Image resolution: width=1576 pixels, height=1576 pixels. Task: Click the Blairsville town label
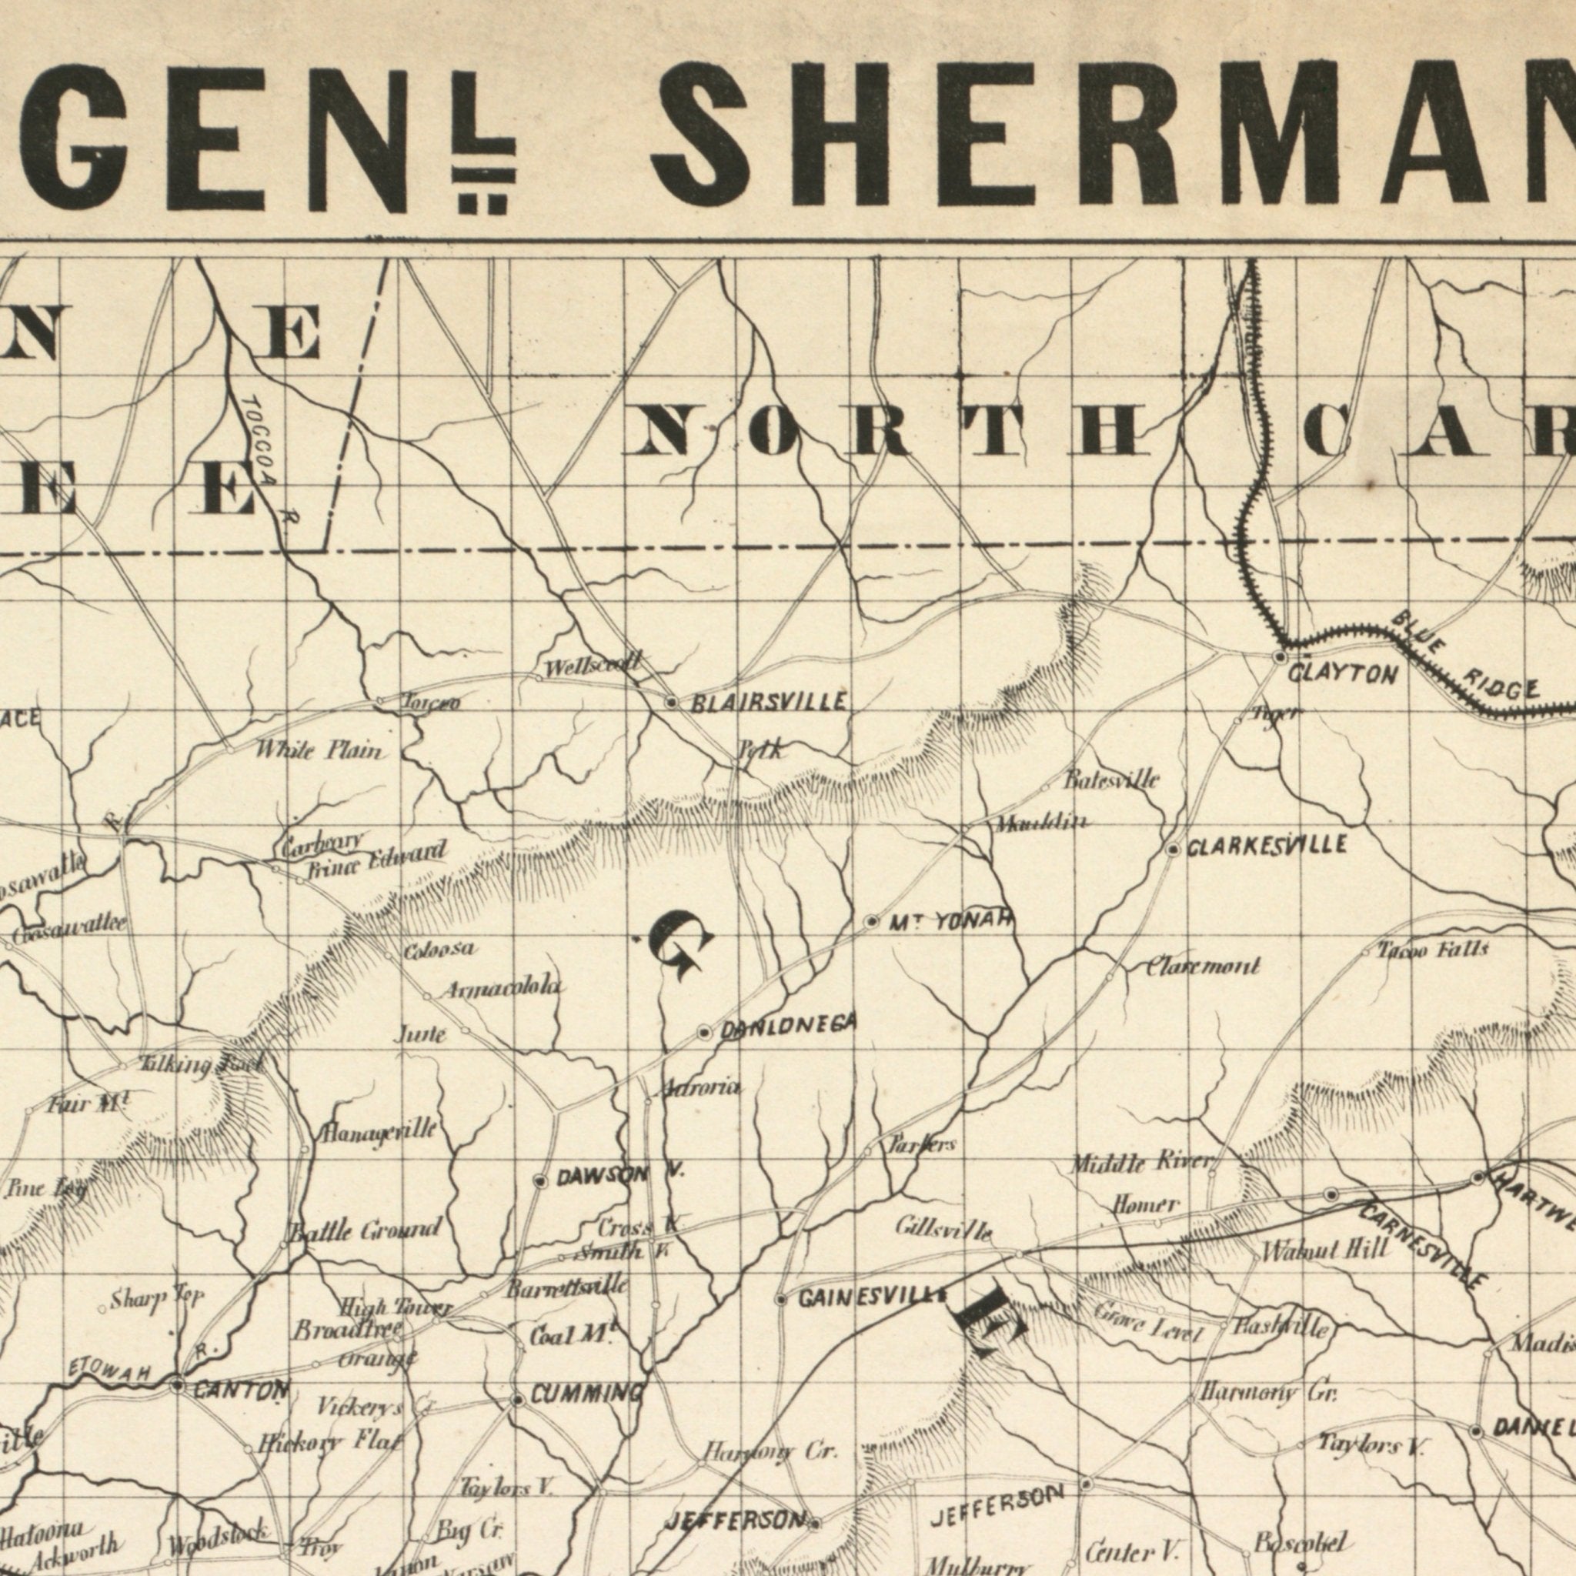coord(769,703)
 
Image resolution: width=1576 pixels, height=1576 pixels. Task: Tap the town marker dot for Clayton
coord(1280,656)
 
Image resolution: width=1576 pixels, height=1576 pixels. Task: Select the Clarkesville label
coord(1267,846)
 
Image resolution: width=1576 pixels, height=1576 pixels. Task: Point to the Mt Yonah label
coord(951,922)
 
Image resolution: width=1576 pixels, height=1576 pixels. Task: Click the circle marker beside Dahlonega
coord(705,1033)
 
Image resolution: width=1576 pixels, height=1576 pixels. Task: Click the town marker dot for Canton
coord(178,1385)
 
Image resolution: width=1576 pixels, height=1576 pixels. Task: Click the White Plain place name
coord(319,750)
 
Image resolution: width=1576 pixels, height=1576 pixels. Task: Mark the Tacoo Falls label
coord(1433,950)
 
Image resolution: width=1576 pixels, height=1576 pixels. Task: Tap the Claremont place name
coord(1204,967)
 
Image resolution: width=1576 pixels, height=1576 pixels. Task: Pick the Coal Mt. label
coord(570,1336)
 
